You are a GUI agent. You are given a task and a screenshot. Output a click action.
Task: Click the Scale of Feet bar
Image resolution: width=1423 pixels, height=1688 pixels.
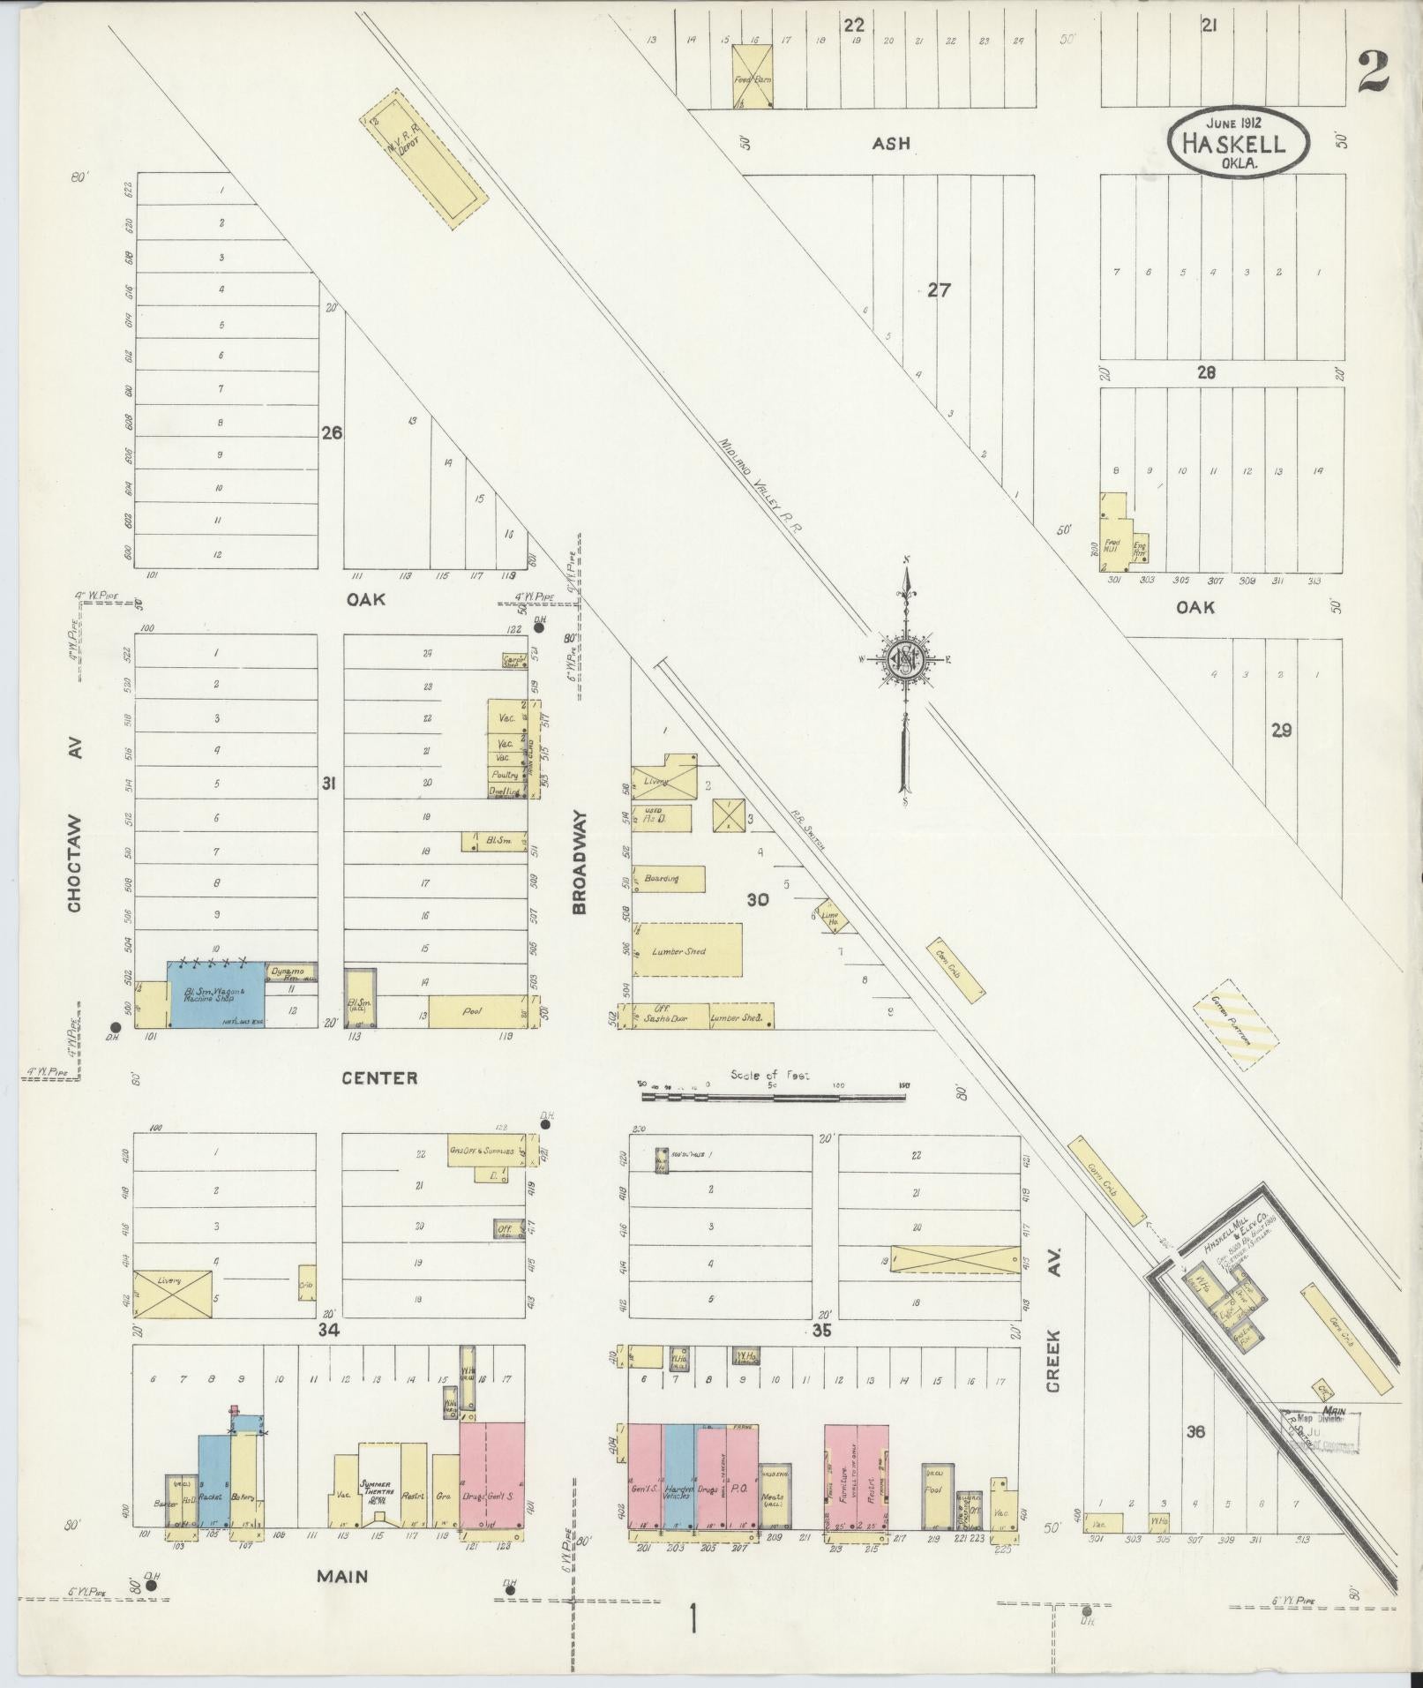tap(774, 1098)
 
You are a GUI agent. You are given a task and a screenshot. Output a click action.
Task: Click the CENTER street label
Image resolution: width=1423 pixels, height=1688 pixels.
tap(380, 1077)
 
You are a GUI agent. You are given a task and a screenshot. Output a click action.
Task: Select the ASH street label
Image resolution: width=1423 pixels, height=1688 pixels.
tap(890, 143)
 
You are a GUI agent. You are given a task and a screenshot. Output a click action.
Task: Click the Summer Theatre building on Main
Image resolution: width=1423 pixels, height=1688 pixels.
tap(380, 1485)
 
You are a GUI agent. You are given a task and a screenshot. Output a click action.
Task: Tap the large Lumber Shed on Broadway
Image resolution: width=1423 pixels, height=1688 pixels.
tap(686, 950)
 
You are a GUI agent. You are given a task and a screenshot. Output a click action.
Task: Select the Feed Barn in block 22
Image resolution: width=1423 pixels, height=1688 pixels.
tap(753, 78)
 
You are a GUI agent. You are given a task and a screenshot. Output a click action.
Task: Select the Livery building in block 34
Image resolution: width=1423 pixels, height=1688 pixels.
tap(172, 1295)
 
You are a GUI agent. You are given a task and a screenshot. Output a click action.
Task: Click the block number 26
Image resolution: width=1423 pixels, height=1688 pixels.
tap(332, 433)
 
